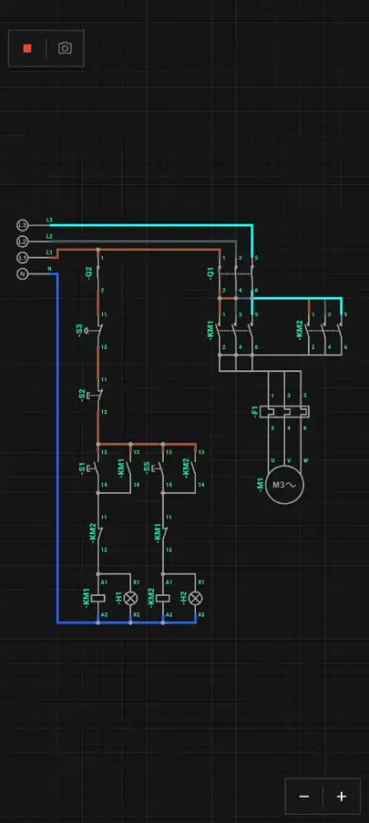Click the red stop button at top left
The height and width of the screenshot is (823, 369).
pos(27,49)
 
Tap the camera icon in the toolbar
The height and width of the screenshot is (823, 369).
pos(65,49)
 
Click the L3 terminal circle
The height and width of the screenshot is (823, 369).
pos(22,225)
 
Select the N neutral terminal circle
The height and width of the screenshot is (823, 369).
pos(22,273)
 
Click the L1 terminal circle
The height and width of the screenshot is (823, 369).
pos(22,258)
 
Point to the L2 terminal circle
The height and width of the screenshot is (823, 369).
pos(22,241)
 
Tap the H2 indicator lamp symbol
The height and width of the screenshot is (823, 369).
pos(195,598)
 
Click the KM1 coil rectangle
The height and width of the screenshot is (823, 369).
pos(98,598)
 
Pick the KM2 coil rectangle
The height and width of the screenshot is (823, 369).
pos(163,598)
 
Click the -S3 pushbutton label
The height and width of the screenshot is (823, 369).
pos(80,331)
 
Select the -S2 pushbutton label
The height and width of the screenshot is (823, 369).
pos(82,395)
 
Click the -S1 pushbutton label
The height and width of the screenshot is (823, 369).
pos(82,468)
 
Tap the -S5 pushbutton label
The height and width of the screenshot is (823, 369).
pos(147,468)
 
